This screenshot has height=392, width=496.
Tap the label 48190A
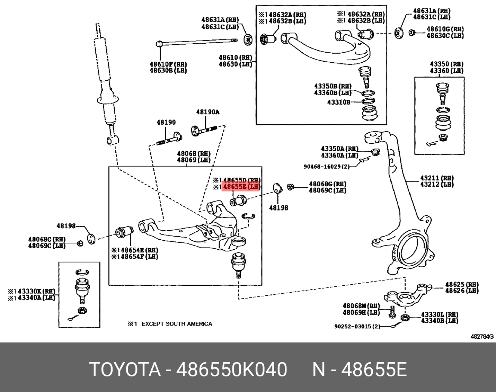click(208, 112)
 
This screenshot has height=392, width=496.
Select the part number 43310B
click(339, 103)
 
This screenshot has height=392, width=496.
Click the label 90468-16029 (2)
click(326, 167)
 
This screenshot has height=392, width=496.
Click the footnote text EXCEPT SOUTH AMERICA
click(177, 324)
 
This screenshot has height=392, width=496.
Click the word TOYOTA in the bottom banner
click(125, 369)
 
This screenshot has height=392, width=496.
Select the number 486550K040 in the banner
click(232, 369)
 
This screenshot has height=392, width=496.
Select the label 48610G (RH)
click(445, 29)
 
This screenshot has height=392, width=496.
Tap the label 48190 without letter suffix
click(166, 122)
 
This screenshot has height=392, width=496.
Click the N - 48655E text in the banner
click(359, 369)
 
